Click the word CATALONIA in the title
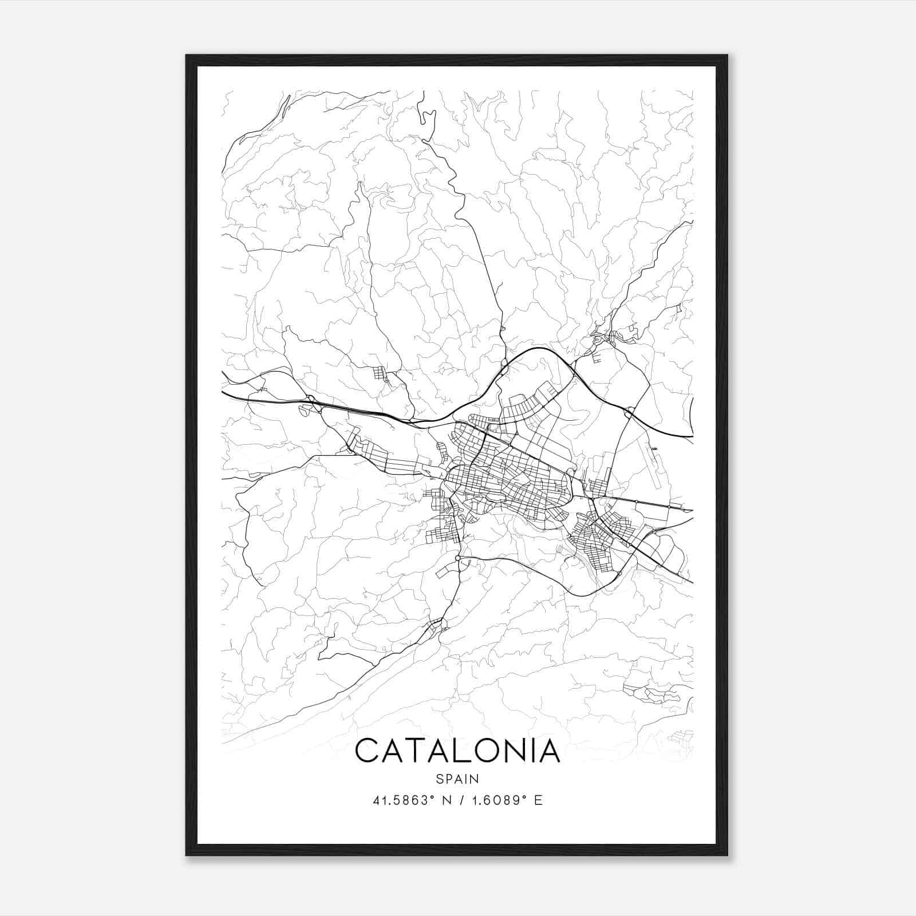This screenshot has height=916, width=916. click(x=457, y=751)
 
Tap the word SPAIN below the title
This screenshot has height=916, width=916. click(x=457, y=779)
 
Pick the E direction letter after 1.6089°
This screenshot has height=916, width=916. click(x=538, y=800)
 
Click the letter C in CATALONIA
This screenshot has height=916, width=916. click(x=368, y=751)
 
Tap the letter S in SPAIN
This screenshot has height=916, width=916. click(x=439, y=779)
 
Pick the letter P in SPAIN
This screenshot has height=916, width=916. click(x=448, y=779)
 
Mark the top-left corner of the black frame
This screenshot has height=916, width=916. click(x=187, y=56)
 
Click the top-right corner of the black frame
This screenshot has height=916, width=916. click(x=727, y=56)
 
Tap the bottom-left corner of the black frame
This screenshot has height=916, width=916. click(x=187, y=855)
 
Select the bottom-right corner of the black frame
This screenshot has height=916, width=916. click(x=727, y=855)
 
